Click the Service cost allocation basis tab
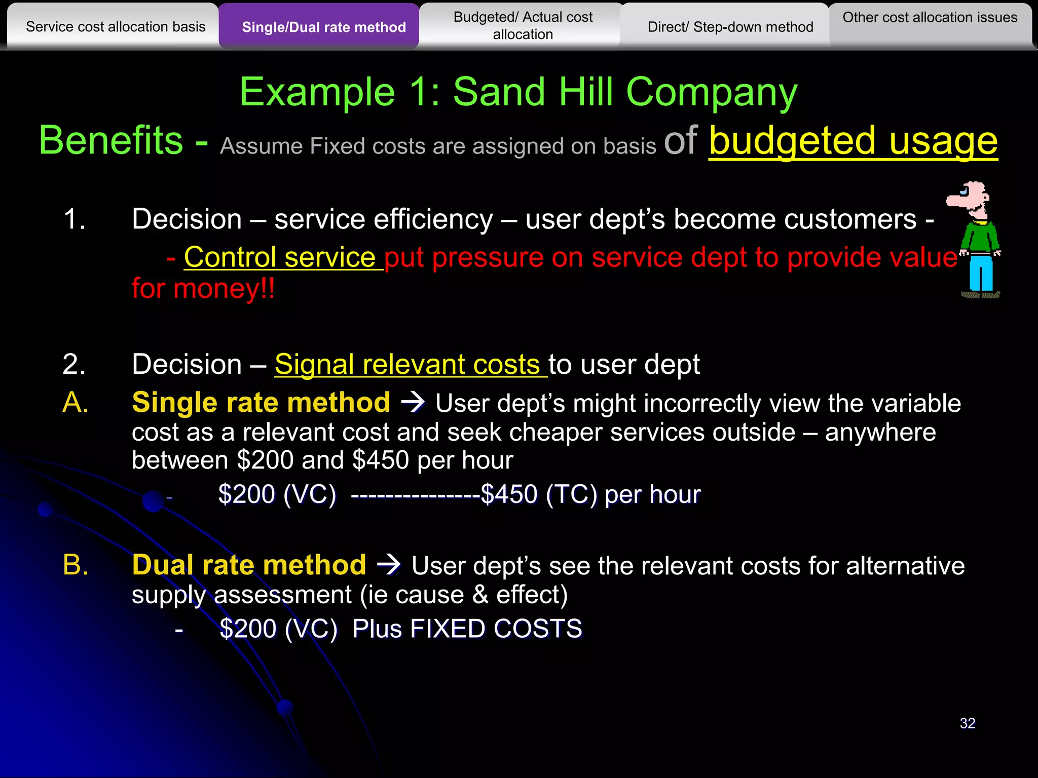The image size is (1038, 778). click(x=116, y=26)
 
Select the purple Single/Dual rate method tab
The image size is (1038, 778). click(x=323, y=27)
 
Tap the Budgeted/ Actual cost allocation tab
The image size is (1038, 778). click(x=523, y=25)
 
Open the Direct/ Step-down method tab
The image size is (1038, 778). click(x=730, y=27)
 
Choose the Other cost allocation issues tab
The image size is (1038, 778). click(x=930, y=18)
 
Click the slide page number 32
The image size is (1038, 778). click(x=967, y=723)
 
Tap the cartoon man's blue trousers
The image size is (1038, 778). click(x=981, y=274)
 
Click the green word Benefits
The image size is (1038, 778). click(x=111, y=141)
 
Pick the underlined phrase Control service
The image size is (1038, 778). click(x=279, y=257)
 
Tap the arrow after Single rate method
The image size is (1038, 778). click(x=413, y=402)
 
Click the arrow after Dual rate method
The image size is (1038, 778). click(x=389, y=565)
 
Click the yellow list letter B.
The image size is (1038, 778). click(x=76, y=565)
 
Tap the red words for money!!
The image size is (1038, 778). click(x=203, y=289)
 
